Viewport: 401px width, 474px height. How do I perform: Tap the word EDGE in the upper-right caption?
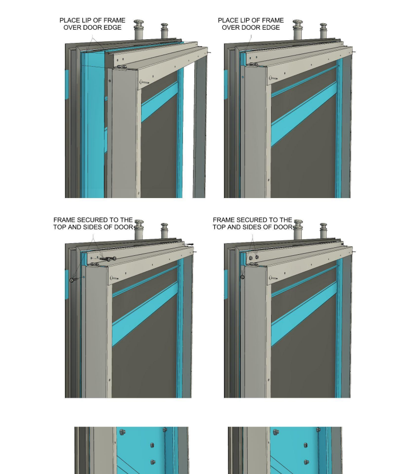tap(272, 28)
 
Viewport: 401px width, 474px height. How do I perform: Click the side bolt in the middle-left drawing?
tap(73, 280)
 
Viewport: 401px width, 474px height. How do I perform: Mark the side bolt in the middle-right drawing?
tap(242, 276)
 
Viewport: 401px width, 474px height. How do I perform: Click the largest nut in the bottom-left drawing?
tap(121, 433)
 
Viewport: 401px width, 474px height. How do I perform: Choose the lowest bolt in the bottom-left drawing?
tap(153, 462)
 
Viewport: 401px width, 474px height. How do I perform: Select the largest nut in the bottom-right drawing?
tap(275, 433)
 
